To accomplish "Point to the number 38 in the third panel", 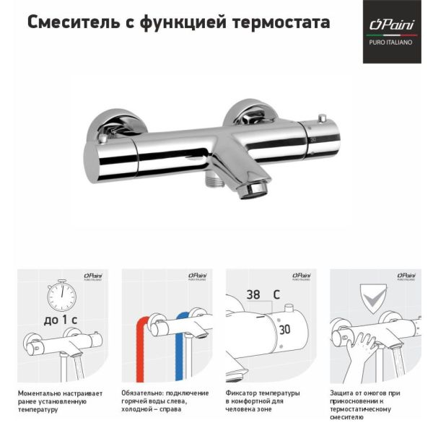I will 254,295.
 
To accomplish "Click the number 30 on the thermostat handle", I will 284,328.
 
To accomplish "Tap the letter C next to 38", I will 276,295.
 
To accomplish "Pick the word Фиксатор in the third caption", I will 241,393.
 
